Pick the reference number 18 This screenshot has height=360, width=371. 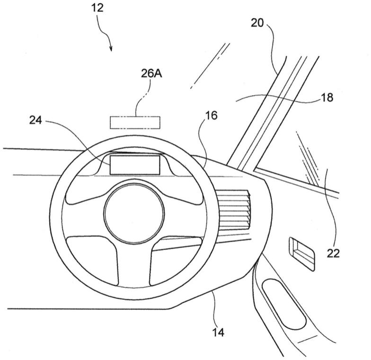327,98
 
